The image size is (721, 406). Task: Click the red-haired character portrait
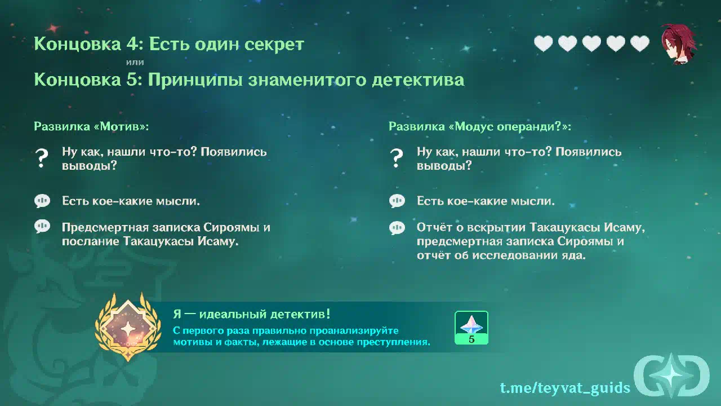[x=679, y=44]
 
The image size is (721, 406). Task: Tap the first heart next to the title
[x=544, y=43]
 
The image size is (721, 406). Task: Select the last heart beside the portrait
[x=639, y=43]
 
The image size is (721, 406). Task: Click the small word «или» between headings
[x=135, y=62]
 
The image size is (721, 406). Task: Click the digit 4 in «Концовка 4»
[x=132, y=44]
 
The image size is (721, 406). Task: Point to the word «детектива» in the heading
[x=418, y=80]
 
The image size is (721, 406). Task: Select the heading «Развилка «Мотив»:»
[x=91, y=126]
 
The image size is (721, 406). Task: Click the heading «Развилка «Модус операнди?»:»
[x=480, y=126]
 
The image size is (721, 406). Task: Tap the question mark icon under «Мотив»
[x=42, y=158]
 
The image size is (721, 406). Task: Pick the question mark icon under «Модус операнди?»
[x=396, y=158]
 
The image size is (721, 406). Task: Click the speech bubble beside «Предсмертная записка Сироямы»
[x=42, y=227]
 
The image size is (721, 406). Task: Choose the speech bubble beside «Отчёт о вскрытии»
[x=397, y=228]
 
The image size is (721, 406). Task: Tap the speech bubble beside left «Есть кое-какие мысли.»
[x=42, y=201]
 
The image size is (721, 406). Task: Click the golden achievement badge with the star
[x=128, y=326]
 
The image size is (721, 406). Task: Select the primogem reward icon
[x=471, y=328]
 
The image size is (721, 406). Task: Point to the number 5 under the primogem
[x=471, y=339]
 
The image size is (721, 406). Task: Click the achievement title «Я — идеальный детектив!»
[x=252, y=314]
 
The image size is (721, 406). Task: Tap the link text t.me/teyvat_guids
[x=565, y=388]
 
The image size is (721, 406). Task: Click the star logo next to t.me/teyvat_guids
[x=672, y=376]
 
